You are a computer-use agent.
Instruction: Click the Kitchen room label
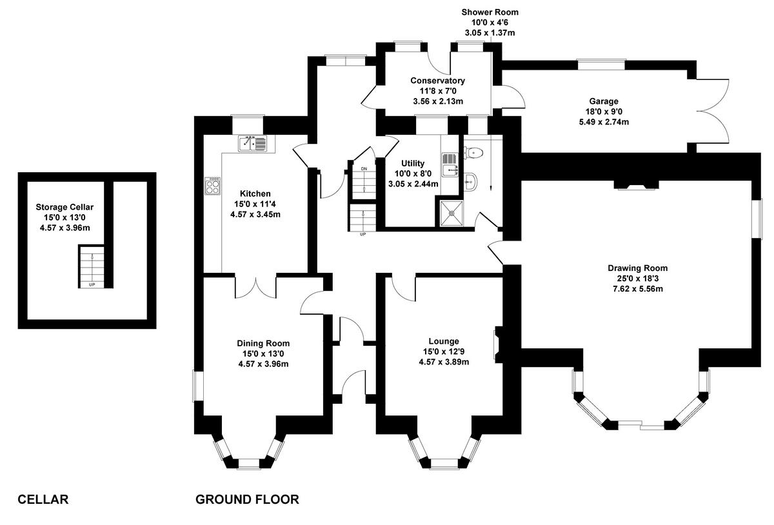(x=255, y=193)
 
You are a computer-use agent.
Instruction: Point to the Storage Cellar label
(x=64, y=207)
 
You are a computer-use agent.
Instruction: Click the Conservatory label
(x=437, y=81)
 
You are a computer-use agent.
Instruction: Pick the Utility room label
(x=412, y=164)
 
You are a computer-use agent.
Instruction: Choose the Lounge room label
(x=443, y=341)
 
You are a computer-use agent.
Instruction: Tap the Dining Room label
(x=263, y=343)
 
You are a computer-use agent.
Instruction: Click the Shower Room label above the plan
(x=490, y=12)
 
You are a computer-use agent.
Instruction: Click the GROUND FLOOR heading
(x=247, y=499)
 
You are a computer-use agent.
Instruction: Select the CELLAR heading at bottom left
(x=43, y=499)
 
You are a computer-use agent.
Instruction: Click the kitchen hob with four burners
(x=213, y=186)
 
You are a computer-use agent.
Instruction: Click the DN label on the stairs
(x=364, y=169)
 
